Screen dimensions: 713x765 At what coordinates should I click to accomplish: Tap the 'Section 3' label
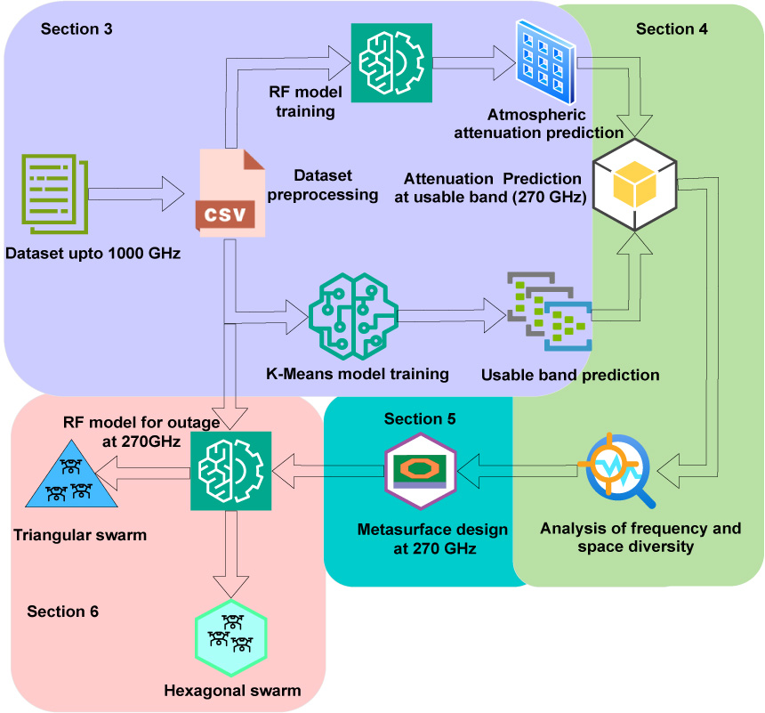coord(76,28)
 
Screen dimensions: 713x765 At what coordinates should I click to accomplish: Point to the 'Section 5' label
coord(420,418)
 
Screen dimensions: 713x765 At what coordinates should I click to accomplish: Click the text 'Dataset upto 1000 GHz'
coord(93,254)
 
